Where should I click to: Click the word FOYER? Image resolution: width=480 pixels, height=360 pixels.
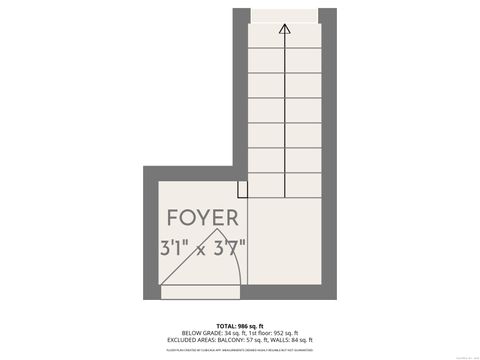202,218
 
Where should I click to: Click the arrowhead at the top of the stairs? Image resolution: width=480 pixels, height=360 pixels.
285,29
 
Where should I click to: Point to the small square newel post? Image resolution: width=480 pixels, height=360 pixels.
243,189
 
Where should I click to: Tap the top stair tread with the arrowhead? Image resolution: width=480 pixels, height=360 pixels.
285,33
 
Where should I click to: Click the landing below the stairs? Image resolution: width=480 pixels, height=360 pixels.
285,246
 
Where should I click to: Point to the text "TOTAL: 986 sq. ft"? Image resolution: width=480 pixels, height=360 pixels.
239,325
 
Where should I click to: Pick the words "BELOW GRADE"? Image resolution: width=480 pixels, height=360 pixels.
195,333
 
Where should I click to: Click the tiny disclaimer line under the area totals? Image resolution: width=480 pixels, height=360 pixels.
239,349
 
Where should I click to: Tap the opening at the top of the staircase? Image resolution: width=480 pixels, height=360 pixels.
285,13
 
